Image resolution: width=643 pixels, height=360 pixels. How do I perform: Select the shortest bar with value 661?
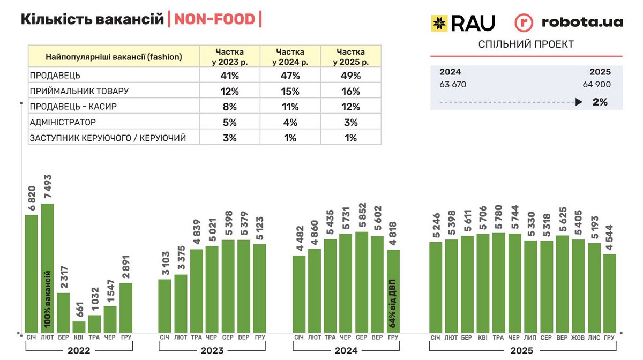79,326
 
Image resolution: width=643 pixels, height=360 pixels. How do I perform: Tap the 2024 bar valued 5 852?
362,281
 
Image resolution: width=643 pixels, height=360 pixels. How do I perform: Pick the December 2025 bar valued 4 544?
609,292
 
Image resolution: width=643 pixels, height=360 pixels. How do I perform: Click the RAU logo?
463,22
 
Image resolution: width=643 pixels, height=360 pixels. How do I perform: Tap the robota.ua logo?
569,22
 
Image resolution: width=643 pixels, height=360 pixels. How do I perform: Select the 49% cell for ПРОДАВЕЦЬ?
350,76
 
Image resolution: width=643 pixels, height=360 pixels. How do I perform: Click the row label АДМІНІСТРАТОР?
63,122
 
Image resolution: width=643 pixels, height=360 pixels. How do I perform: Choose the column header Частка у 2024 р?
290,57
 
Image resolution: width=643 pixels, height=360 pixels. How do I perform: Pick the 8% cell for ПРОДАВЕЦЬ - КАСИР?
229,107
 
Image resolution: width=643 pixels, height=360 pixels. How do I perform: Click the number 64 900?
596,84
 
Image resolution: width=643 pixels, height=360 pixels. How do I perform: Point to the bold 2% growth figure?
600,102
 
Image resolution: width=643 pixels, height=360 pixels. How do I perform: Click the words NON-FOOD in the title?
214,19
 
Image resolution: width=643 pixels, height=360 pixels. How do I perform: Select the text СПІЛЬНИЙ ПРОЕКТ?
526,44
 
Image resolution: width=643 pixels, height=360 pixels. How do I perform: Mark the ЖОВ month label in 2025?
578,337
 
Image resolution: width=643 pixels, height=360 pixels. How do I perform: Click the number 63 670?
453,84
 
